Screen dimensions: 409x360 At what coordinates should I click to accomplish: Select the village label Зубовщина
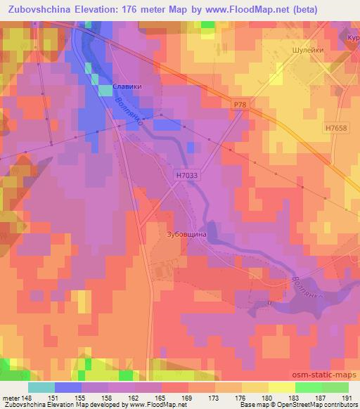click(x=186, y=235)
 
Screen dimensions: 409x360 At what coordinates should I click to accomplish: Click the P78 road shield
click(x=241, y=105)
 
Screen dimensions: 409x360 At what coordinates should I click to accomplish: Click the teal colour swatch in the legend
click(x=41, y=387)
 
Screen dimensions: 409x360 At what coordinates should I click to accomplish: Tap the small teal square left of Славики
click(x=105, y=90)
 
